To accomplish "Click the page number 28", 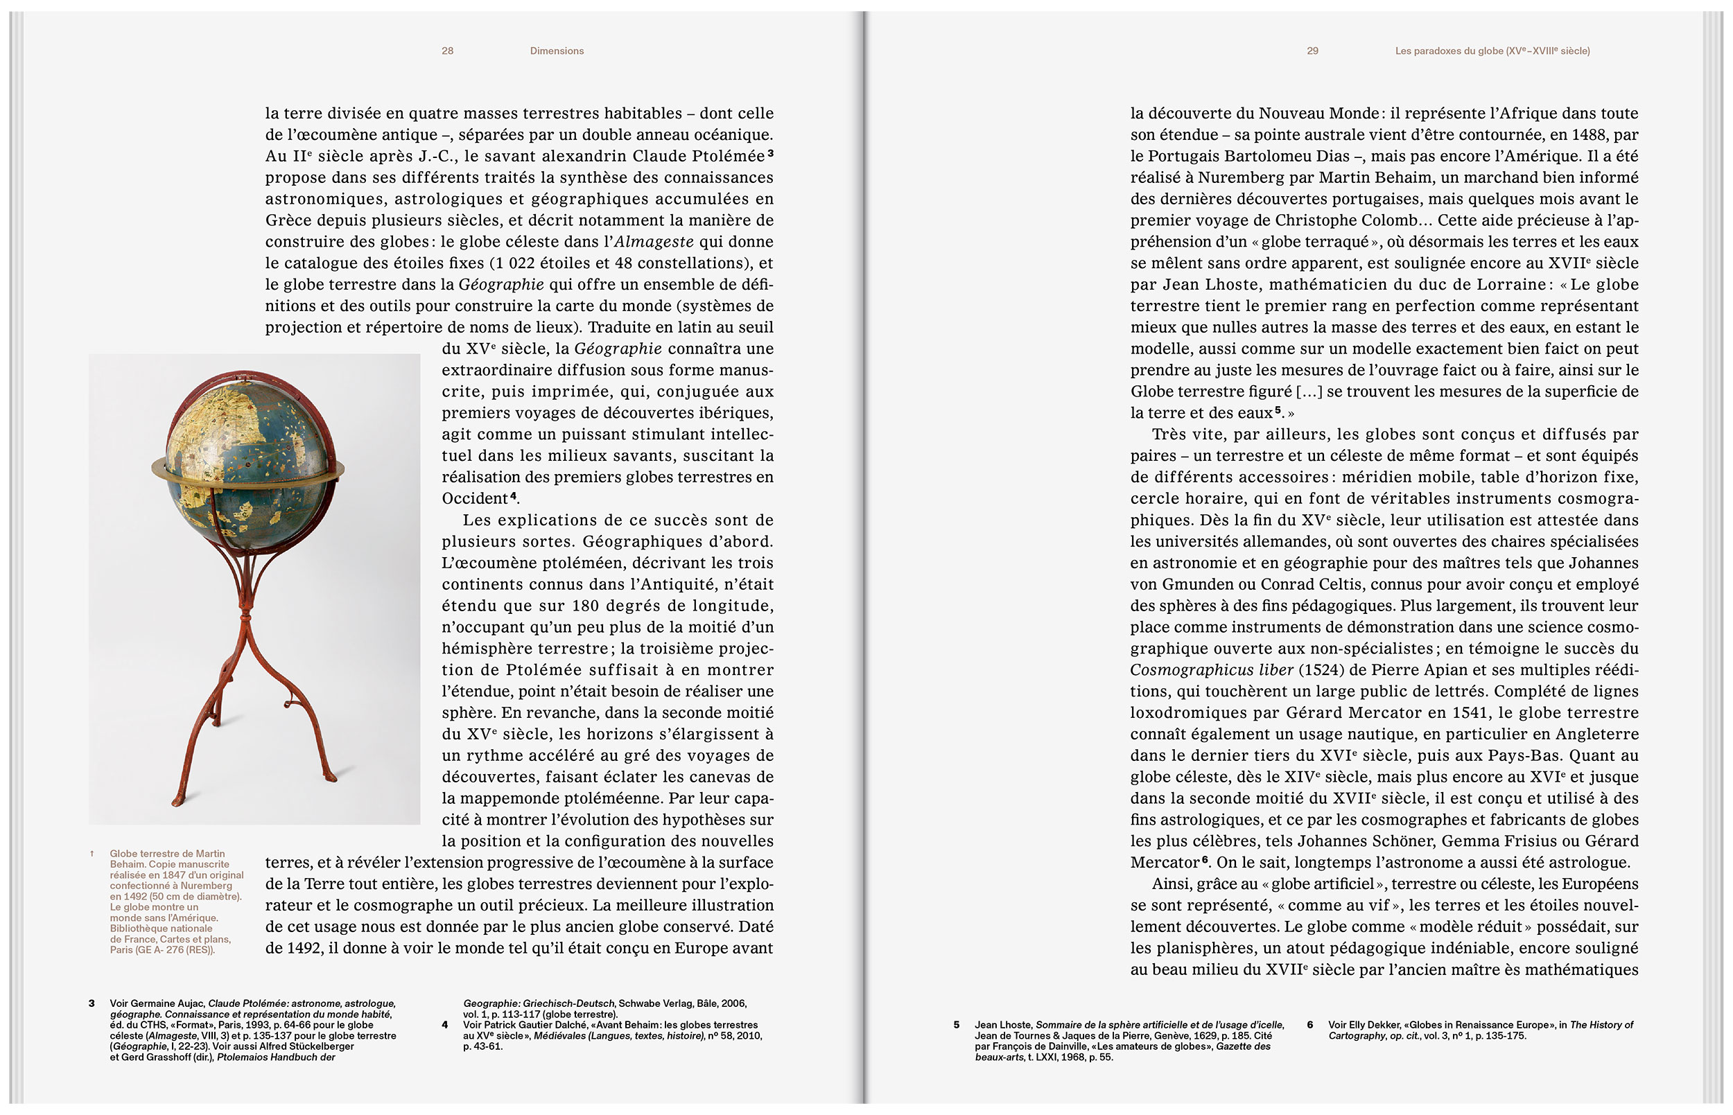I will click(448, 51).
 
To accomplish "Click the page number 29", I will click(1312, 51).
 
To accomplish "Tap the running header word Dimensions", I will click(556, 51).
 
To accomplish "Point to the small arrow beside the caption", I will click(92, 854).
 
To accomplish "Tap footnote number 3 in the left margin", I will click(92, 1003).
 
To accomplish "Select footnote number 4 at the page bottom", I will click(444, 1024).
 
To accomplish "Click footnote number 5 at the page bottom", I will click(956, 1024).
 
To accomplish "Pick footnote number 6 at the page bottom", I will click(1310, 1024).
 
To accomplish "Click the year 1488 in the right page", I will click(1587, 134).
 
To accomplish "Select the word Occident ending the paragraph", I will click(474, 499).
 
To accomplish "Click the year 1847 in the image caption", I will click(174, 875).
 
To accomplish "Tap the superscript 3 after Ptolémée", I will click(771, 152).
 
